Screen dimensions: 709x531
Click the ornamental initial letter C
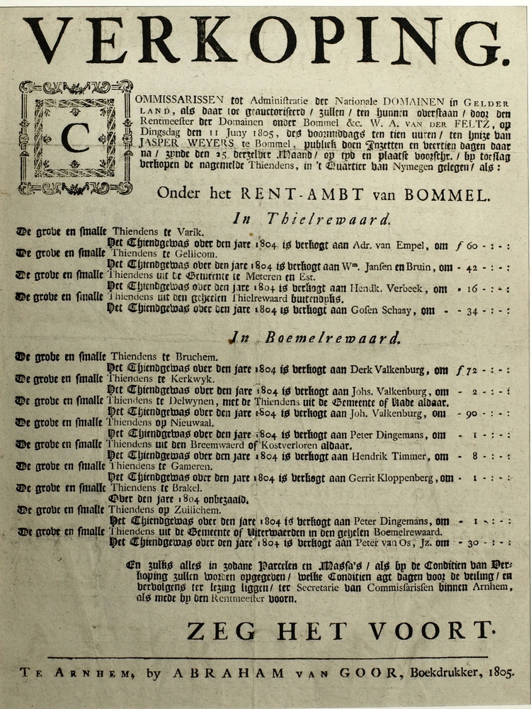point(75,138)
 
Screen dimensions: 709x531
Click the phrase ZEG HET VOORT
point(339,629)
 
